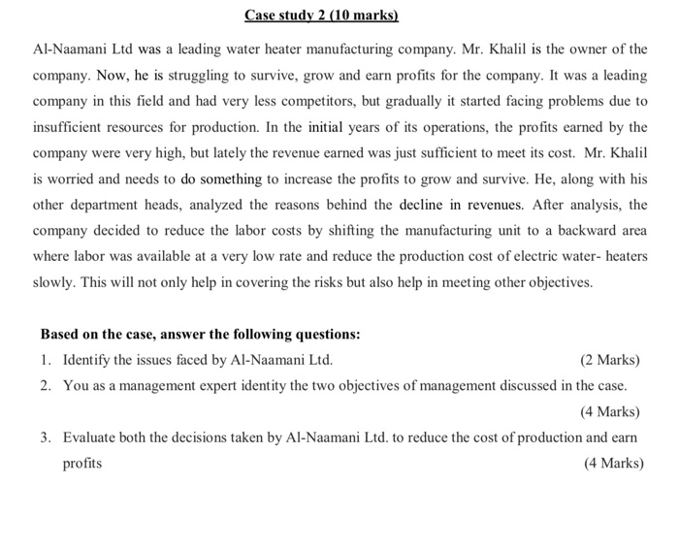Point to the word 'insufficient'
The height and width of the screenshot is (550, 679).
click(66, 127)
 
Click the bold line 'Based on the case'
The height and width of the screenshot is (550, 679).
click(200, 335)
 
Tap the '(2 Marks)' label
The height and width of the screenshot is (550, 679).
click(610, 360)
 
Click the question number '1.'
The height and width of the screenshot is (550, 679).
click(47, 360)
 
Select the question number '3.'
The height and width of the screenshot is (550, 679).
click(47, 437)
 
